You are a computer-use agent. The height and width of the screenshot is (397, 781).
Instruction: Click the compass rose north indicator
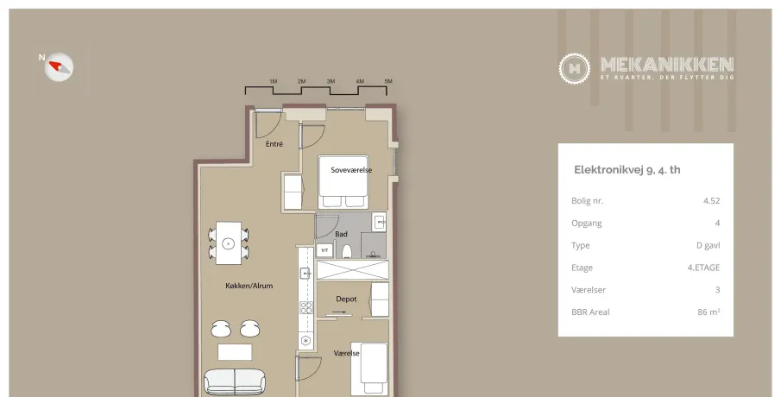pos(59,66)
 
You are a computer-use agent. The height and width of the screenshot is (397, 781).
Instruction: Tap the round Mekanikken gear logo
pos(574,68)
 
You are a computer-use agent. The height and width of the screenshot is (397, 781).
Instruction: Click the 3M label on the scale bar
pos(331,81)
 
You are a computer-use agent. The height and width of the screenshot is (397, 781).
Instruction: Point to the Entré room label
pos(274,144)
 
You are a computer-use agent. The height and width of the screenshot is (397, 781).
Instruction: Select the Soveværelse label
pos(351,170)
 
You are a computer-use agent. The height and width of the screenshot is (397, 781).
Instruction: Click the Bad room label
pos(341,234)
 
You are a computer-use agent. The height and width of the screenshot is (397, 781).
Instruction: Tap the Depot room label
pos(346,299)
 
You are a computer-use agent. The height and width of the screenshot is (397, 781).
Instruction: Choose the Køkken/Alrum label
pos(249,286)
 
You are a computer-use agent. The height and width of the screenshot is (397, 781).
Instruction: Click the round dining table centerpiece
pos(228,243)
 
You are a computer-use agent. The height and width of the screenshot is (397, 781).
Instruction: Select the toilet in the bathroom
pos(347,251)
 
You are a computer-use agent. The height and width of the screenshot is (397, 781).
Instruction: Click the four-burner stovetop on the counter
pos(305,308)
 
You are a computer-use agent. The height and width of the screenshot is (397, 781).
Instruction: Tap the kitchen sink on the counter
pos(305,273)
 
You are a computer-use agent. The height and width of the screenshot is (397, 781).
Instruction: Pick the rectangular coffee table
pos(235,352)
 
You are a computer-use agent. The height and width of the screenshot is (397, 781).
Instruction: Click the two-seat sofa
pos(234,381)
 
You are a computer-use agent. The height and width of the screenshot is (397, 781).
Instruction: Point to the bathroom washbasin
pos(380,222)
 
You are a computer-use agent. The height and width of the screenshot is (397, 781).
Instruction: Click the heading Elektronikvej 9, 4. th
pos(627,170)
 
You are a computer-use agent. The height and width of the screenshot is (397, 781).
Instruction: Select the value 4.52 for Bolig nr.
pos(711,201)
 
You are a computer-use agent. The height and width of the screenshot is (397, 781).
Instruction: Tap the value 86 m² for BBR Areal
pos(709,312)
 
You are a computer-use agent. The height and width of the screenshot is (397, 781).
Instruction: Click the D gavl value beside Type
pos(708,245)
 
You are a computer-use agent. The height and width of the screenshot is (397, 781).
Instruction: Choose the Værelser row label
pos(589,289)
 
